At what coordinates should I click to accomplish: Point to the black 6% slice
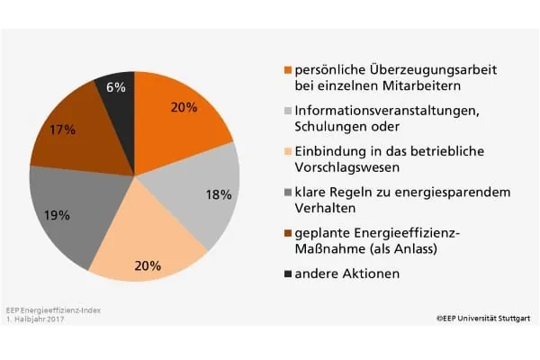(117, 94)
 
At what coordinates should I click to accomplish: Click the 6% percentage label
(116, 88)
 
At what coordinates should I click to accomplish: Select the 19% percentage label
(57, 215)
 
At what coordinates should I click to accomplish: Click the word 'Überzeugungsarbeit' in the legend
(410, 68)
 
